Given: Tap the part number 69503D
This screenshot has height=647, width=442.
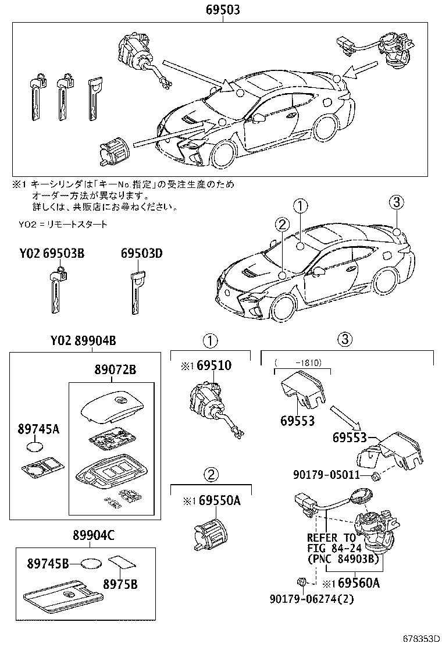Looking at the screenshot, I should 141,254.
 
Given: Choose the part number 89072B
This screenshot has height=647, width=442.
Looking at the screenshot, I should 116,370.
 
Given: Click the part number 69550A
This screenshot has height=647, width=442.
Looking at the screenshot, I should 218,500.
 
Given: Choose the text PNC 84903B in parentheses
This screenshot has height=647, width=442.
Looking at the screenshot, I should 341,559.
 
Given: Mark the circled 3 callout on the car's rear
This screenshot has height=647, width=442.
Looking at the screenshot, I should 395,202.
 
